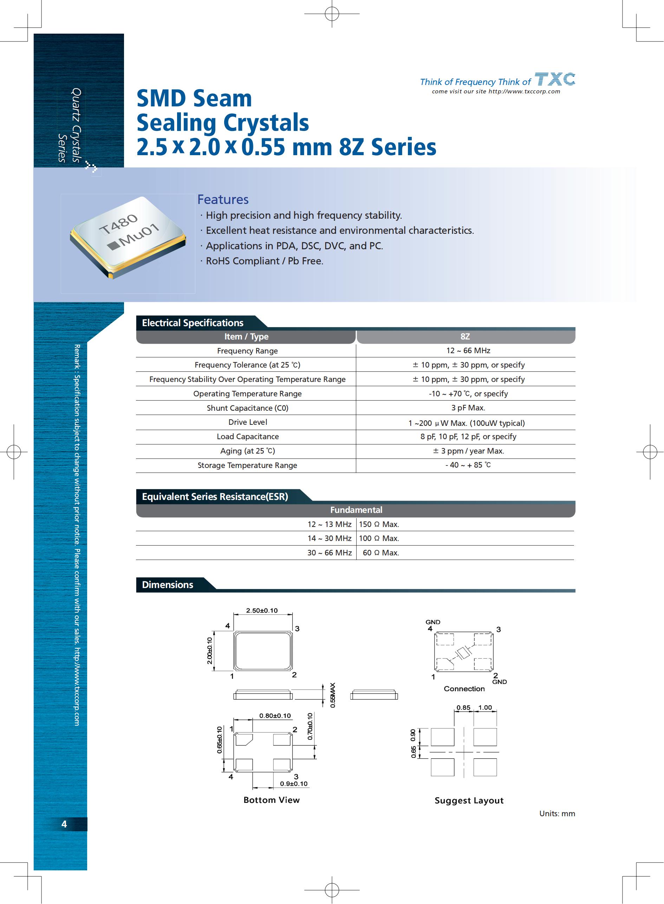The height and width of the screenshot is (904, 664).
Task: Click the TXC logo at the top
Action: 555,79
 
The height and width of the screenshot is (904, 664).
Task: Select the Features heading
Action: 223,200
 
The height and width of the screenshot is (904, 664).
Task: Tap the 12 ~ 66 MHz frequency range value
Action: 468,351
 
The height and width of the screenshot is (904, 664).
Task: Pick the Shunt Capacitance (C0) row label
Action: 248,408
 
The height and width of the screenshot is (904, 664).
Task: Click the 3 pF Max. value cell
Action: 468,408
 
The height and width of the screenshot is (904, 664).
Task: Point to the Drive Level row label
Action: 248,422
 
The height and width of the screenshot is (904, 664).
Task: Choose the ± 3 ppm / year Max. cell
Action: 468,451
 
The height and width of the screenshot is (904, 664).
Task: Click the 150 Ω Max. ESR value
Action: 379,524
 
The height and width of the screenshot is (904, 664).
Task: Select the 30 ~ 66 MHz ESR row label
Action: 330,553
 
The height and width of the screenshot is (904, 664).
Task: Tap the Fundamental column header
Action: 356,510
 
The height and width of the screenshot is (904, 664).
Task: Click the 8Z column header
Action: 465,337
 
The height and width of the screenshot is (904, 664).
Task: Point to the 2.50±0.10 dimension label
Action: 262,611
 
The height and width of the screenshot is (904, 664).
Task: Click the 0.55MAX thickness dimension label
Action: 332,695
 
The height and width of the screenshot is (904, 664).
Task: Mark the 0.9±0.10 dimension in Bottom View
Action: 294,784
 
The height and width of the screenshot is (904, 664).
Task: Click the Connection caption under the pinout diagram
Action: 464,689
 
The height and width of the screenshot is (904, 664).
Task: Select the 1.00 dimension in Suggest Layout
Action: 485,708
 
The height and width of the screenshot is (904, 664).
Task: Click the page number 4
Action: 64,824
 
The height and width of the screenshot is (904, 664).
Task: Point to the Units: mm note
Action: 557,814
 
